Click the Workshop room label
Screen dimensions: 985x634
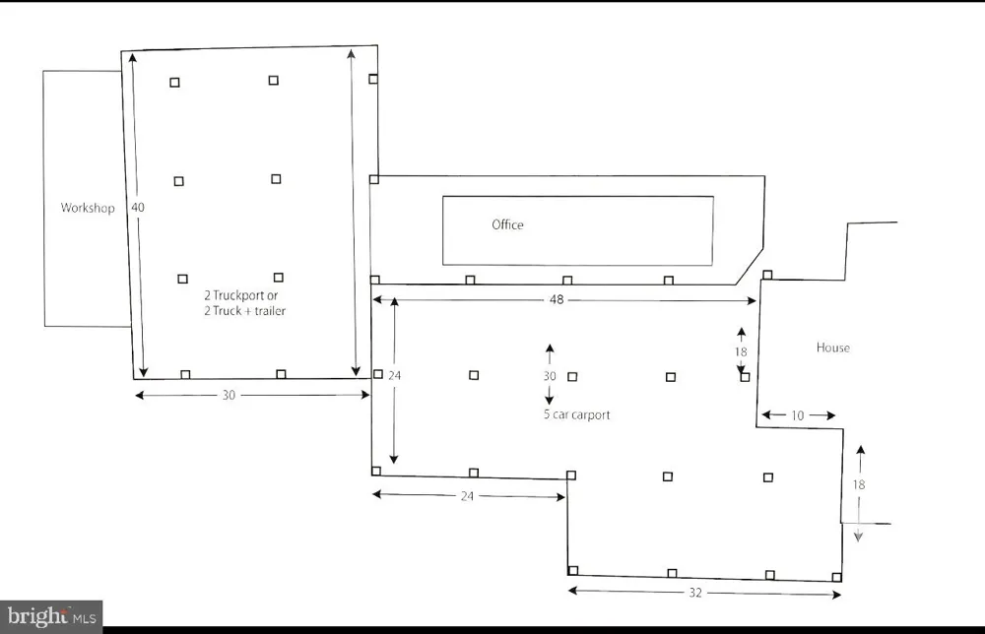[x=88, y=208]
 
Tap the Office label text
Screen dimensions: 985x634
[x=507, y=224]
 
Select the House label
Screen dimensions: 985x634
[x=833, y=348]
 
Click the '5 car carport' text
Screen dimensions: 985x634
[x=576, y=414]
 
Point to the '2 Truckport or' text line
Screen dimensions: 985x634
[x=240, y=295]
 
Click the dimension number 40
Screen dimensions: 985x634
[x=138, y=207]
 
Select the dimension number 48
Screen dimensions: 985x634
[x=557, y=300]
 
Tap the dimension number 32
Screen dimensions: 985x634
[x=695, y=593]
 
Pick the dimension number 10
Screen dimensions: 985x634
[x=797, y=415]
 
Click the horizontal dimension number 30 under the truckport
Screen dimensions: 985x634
[x=229, y=396]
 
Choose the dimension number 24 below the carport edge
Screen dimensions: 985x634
[x=467, y=496]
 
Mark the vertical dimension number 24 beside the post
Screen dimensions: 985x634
[x=395, y=375]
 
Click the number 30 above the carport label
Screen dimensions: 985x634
[x=550, y=376]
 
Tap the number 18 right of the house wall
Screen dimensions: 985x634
[x=859, y=484]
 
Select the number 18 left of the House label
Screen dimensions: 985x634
[x=741, y=352]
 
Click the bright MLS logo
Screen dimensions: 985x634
[x=51, y=616]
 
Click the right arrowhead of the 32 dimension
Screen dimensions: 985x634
[x=836, y=595]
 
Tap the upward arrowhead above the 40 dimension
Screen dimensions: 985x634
[x=133, y=58]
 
